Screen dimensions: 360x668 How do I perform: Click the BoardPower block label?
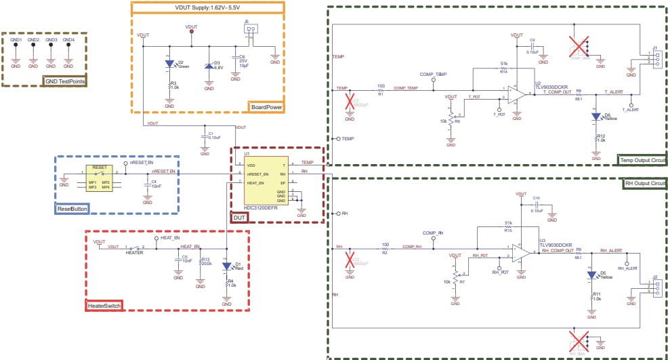point(266,107)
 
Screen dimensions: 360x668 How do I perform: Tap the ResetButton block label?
point(72,209)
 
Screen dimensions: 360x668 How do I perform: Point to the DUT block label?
point(240,217)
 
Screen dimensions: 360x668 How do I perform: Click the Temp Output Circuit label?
point(642,160)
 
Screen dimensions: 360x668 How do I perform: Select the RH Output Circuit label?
point(644,183)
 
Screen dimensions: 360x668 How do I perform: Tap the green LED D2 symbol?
point(169,65)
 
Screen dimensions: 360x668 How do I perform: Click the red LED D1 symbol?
point(227,266)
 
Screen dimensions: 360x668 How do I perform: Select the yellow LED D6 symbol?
point(596,116)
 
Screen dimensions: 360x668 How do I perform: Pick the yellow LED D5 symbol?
point(591,275)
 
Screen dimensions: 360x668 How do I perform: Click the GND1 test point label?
point(16,40)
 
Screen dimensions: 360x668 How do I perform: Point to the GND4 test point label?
point(68,40)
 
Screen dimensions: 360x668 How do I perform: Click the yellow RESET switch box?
point(99,178)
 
